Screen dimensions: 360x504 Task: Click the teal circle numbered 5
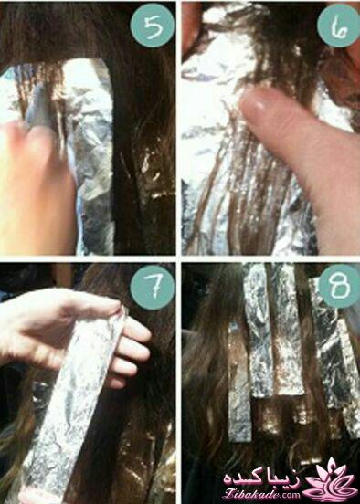153,25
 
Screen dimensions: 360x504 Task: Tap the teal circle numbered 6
338,25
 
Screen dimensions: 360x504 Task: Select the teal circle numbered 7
153,287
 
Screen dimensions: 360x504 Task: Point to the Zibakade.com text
261,493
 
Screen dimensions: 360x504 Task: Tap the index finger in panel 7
135,331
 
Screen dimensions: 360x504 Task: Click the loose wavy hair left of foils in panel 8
206,385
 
